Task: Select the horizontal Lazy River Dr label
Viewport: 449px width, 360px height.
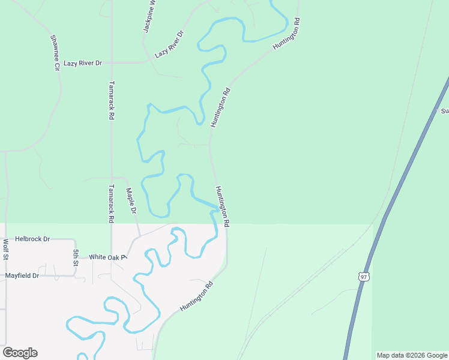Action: [83, 63]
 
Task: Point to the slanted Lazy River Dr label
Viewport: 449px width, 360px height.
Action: [169, 44]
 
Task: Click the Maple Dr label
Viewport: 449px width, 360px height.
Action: [131, 201]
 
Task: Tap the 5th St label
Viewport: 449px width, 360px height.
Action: [76, 257]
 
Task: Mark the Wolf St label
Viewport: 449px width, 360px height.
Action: [5, 249]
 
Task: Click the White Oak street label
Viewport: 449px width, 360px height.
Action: [109, 257]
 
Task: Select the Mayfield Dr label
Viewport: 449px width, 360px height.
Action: [22, 275]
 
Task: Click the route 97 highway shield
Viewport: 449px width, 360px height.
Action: [363, 277]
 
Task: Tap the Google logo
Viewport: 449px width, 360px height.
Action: [20, 353]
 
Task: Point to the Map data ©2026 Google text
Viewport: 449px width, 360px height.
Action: [412, 355]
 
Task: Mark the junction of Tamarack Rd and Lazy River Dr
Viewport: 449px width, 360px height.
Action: [112, 62]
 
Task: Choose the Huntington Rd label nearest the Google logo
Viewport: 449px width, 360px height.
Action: [197, 297]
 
